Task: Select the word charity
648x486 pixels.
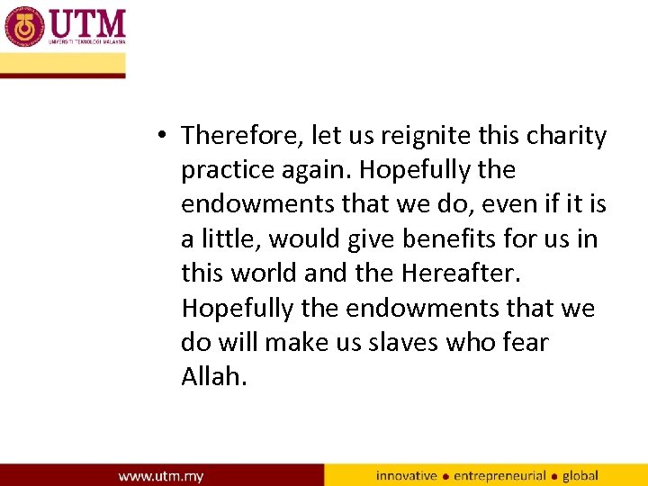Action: (566, 136)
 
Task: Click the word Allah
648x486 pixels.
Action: (213, 376)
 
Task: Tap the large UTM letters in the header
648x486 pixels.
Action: (87, 22)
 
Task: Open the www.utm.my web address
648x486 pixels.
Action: (160, 475)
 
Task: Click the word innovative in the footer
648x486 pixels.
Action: (407, 475)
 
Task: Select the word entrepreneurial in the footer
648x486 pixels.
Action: (499, 475)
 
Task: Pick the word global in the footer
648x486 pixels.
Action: (581, 475)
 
